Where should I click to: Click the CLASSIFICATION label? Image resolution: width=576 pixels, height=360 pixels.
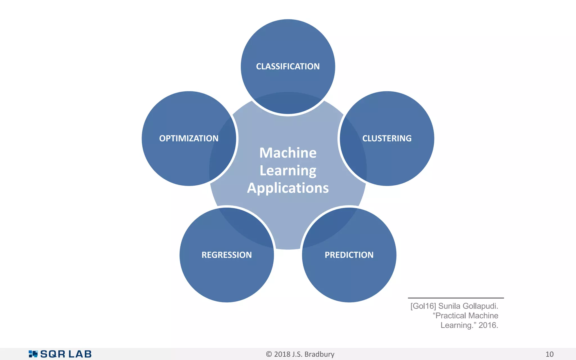pyautogui.click(x=288, y=66)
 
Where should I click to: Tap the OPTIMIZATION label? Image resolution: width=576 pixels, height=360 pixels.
pyautogui.click(x=189, y=138)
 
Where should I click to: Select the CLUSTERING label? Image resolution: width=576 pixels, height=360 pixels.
pyautogui.click(x=387, y=138)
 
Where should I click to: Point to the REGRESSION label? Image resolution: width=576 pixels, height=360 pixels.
pyautogui.click(x=227, y=255)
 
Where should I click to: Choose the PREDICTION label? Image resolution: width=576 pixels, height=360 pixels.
pyautogui.click(x=349, y=255)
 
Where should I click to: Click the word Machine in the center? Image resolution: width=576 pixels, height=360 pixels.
pyautogui.click(x=288, y=153)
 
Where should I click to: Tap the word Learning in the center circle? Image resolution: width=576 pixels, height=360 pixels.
pyautogui.click(x=288, y=171)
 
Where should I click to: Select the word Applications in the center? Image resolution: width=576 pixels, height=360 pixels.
pyautogui.click(x=288, y=188)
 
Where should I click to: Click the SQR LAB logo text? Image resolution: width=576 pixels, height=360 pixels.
pyautogui.click(x=66, y=354)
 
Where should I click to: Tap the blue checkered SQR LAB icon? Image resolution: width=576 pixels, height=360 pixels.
pyautogui.click(x=33, y=354)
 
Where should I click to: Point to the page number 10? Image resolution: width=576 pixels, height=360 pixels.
pyautogui.click(x=549, y=354)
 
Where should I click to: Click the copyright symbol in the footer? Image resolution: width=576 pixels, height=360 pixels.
pyautogui.click(x=269, y=354)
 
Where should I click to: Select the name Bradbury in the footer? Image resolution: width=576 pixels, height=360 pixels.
pyautogui.click(x=319, y=354)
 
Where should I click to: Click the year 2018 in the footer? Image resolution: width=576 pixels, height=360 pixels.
pyautogui.click(x=282, y=354)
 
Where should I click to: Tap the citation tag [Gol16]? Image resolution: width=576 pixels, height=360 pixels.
pyautogui.click(x=423, y=306)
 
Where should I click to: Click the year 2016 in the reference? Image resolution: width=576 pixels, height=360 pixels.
pyautogui.click(x=488, y=325)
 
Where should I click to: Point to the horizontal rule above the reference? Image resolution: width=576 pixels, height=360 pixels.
pyautogui.click(x=456, y=298)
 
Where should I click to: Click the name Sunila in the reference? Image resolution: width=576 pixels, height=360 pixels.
pyautogui.click(x=449, y=306)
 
